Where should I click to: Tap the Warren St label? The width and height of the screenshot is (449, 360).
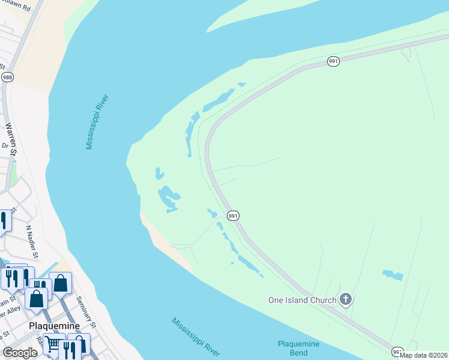click(x=11, y=139)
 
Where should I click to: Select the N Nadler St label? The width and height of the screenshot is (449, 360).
click(x=33, y=242)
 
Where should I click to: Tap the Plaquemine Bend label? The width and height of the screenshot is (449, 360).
click(x=298, y=348)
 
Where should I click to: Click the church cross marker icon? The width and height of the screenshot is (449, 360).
click(x=345, y=299)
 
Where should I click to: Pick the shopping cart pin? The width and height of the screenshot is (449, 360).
click(x=53, y=344)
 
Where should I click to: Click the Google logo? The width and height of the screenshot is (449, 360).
click(x=20, y=352)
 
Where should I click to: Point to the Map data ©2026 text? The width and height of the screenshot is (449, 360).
click(x=424, y=355)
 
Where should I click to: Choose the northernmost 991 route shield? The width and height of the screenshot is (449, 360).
click(x=334, y=61)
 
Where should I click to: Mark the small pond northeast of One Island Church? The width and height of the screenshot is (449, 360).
click(x=393, y=275)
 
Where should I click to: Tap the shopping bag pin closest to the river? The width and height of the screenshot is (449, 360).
click(x=61, y=282)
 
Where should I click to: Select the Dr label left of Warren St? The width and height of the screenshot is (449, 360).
click(x=4, y=145)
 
